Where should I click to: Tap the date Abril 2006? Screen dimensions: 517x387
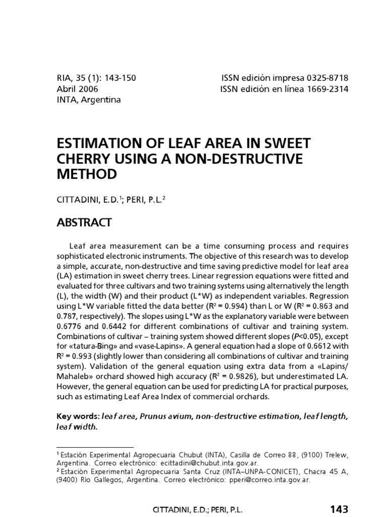[77, 89]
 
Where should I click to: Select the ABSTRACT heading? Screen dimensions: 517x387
[84, 223]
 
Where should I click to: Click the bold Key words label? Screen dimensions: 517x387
[78, 417]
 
